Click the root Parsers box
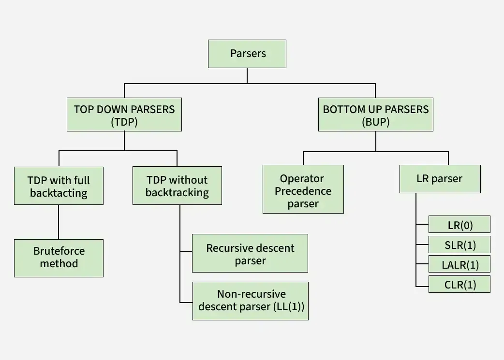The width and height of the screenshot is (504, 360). (247, 54)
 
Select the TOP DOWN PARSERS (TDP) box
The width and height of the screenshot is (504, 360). (124, 115)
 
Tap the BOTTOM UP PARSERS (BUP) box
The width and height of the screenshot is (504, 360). (375, 115)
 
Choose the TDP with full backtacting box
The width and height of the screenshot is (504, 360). (59, 186)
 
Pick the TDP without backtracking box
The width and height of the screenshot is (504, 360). (177, 186)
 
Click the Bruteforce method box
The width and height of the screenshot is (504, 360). (59, 258)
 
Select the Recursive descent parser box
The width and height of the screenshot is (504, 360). (250, 254)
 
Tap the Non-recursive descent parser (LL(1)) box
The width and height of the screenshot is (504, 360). (251, 301)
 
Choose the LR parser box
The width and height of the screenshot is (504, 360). (440, 179)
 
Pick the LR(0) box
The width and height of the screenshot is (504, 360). (460, 225)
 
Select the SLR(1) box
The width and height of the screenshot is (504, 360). (460, 245)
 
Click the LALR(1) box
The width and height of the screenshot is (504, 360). (460, 264)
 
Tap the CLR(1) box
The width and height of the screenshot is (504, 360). (460, 284)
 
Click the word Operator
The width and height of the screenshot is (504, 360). (302, 179)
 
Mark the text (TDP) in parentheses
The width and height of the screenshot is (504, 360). (124, 122)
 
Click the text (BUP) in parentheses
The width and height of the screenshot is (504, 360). (375, 122)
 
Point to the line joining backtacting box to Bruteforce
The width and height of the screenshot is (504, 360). (59, 222)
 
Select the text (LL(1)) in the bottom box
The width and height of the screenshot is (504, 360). (289, 307)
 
